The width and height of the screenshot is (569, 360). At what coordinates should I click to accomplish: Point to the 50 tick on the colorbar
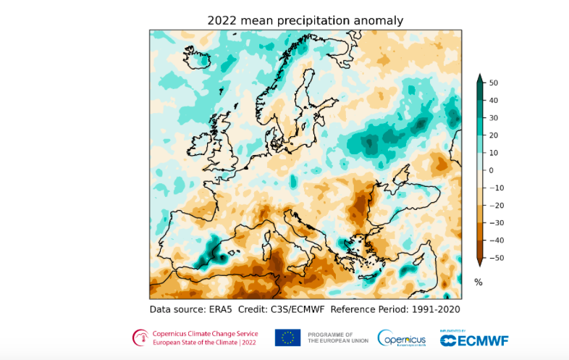492,83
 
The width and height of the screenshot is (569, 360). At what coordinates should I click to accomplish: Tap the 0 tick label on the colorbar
491,170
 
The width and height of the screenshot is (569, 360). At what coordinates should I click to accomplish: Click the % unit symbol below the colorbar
478,282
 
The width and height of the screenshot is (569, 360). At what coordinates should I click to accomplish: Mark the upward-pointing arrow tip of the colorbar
479,75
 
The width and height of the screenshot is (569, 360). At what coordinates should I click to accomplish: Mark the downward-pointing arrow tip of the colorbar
479,264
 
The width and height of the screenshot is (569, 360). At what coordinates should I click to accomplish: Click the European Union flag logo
287,338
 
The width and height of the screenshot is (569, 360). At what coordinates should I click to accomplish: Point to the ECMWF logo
474,340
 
